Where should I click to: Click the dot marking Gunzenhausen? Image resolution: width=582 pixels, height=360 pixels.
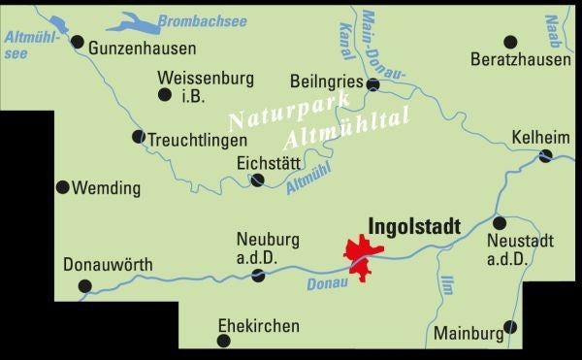[x=78, y=42]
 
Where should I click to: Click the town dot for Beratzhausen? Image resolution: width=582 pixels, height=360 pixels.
[x=510, y=42]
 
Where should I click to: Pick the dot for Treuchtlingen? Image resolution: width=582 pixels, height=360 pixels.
[x=138, y=137]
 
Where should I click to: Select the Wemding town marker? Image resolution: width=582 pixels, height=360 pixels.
[x=63, y=187]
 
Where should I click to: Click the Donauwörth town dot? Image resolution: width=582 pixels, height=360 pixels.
[x=84, y=285]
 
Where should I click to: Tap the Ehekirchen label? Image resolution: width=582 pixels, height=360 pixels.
[x=259, y=326]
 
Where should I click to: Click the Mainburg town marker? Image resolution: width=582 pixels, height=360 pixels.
[x=511, y=327]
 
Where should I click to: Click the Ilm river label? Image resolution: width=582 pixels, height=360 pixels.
[x=448, y=287]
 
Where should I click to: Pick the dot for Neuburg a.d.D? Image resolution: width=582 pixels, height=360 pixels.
[x=258, y=276]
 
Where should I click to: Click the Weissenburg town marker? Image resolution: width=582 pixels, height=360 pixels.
[x=164, y=94]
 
